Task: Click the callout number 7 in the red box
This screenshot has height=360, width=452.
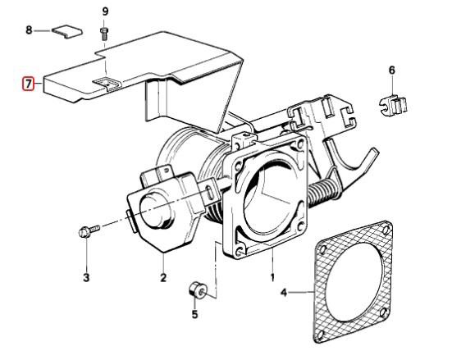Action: [28, 84]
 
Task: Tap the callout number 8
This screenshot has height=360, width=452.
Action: [29, 30]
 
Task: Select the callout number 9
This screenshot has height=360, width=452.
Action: [105, 11]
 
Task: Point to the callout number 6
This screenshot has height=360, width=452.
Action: [392, 70]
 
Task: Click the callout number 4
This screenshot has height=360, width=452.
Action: [284, 293]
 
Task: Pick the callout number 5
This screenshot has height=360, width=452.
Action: [195, 314]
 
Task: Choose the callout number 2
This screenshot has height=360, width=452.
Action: [163, 278]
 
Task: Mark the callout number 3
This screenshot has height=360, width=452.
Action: [86, 278]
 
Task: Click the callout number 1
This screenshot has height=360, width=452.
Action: [272, 278]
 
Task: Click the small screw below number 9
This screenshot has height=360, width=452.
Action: [104, 34]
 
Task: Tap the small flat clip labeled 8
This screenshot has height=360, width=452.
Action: [67, 32]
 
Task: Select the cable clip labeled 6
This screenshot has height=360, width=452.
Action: [393, 104]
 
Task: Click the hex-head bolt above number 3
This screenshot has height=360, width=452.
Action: [89, 231]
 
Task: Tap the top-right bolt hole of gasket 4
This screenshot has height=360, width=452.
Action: [385, 230]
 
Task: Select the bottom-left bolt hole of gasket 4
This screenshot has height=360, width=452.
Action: [320, 334]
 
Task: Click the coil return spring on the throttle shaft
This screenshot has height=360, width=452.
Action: [323, 192]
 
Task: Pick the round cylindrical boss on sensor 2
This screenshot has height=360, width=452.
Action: [156, 209]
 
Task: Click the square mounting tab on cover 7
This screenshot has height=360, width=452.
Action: [107, 84]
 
